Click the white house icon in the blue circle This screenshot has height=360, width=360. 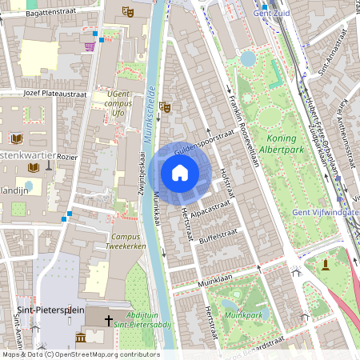[180, 173]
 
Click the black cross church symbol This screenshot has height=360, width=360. [108, 319]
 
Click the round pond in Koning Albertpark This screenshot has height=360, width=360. [248, 58]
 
